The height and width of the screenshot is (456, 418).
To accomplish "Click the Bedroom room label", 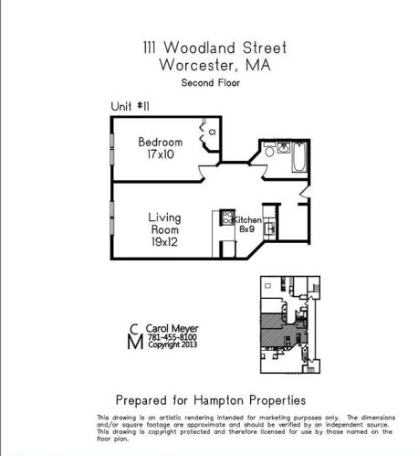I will (161, 142).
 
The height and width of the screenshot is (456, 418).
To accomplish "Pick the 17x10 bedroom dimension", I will (161, 155).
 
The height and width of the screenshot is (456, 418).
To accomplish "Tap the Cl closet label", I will (211, 133).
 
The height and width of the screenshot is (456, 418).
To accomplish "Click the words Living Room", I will (164, 225).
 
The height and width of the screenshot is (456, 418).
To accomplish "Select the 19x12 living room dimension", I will (164, 245).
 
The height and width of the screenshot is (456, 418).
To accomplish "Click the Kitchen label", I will (247, 221).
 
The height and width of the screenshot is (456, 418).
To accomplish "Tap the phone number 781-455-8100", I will (172, 336).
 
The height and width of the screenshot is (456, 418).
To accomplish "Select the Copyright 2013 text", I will (172, 345).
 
